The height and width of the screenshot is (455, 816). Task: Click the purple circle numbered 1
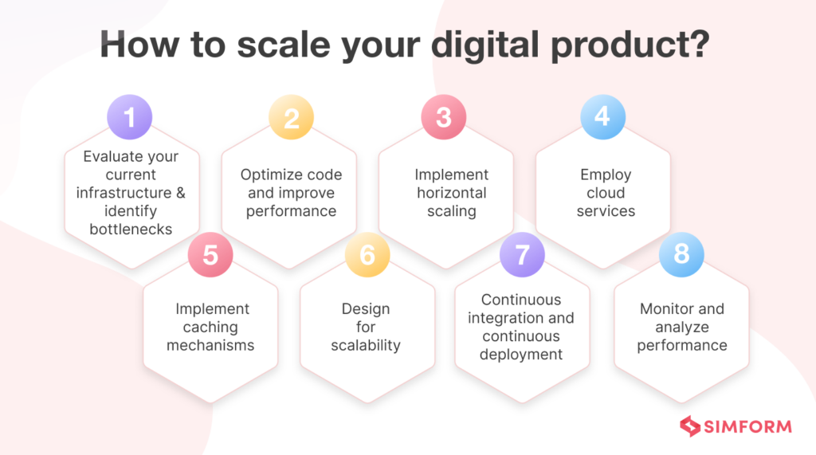click(129, 117)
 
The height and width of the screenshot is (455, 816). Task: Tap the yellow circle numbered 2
click(291, 117)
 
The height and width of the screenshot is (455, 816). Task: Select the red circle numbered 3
click(443, 117)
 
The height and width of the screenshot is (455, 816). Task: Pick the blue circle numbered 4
click(602, 117)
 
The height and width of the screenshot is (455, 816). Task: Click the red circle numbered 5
click(210, 254)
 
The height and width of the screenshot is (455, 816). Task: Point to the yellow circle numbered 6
click(367, 254)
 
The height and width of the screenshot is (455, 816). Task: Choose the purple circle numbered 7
click(522, 254)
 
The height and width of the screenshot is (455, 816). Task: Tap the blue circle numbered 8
click(681, 254)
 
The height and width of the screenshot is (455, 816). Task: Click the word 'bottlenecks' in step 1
click(131, 229)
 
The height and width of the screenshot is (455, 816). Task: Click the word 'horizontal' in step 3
click(451, 193)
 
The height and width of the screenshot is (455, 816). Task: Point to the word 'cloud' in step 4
click(606, 193)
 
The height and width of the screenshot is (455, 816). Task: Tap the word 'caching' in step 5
click(212, 327)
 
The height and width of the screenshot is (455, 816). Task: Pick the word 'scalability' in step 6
click(367, 345)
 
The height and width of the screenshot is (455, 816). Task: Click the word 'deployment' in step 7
click(521, 355)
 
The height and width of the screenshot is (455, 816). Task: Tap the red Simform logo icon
click(689, 426)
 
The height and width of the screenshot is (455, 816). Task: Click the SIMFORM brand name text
click(748, 426)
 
